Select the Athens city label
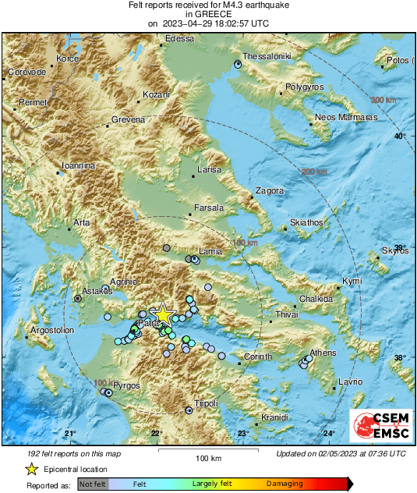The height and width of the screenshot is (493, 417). tap(323, 353)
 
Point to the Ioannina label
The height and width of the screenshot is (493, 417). tap(79, 166)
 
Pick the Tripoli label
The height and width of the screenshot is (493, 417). tap(206, 403)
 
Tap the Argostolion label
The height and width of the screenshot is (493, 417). tap(51, 330)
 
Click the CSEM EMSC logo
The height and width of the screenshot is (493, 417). tap(380, 427)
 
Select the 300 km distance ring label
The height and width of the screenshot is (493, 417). tap(383, 100)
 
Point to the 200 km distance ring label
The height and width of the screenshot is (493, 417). tap(314, 172)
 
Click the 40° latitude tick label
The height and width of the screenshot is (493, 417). tap(400, 137)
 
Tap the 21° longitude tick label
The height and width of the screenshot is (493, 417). tap(70, 434)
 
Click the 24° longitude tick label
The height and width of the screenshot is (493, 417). tap(330, 434)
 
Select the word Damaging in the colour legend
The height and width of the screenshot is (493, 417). tap(285, 484)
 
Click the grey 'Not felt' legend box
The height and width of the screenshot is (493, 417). tap(93, 484)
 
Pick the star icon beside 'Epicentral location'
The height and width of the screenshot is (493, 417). tap(31, 469)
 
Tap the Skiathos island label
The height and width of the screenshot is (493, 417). tap(306, 222)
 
